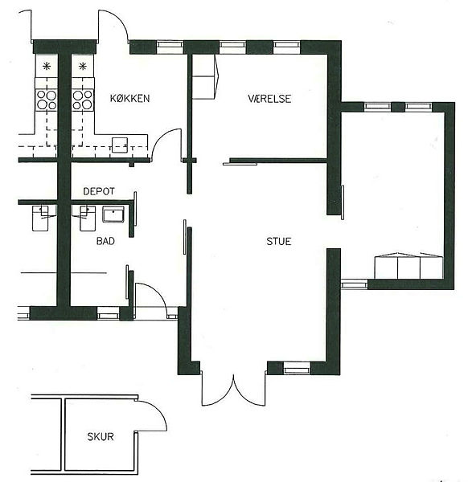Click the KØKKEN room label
pyautogui.click(x=129, y=98)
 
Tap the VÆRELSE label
pyautogui.click(x=269, y=98)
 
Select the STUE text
pyautogui.click(x=279, y=241)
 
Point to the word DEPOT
pyautogui.click(x=99, y=191)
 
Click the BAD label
pyautogui.click(x=105, y=241)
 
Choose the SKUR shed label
pyautogui.click(x=101, y=436)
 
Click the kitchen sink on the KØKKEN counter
pyautogui.click(x=120, y=145)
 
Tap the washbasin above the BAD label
pyautogui.click(x=113, y=214)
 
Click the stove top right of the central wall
pyautogui.click(x=83, y=100)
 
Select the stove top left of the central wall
pyautogui.click(x=47, y=100)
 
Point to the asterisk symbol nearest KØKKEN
pyautogui.click(x=83, y=66)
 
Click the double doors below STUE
pyautogui.click(x=233, y=388)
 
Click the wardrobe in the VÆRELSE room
pyautogui.click(x=204, y=76)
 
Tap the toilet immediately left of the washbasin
pyautogui.click(x=87, y=218)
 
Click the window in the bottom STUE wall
pyautogui.click(x=296, y=368)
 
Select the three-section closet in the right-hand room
pyautogui.click(x=408, y=266)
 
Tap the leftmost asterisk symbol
pyautogui.click(x=47, y=66)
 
